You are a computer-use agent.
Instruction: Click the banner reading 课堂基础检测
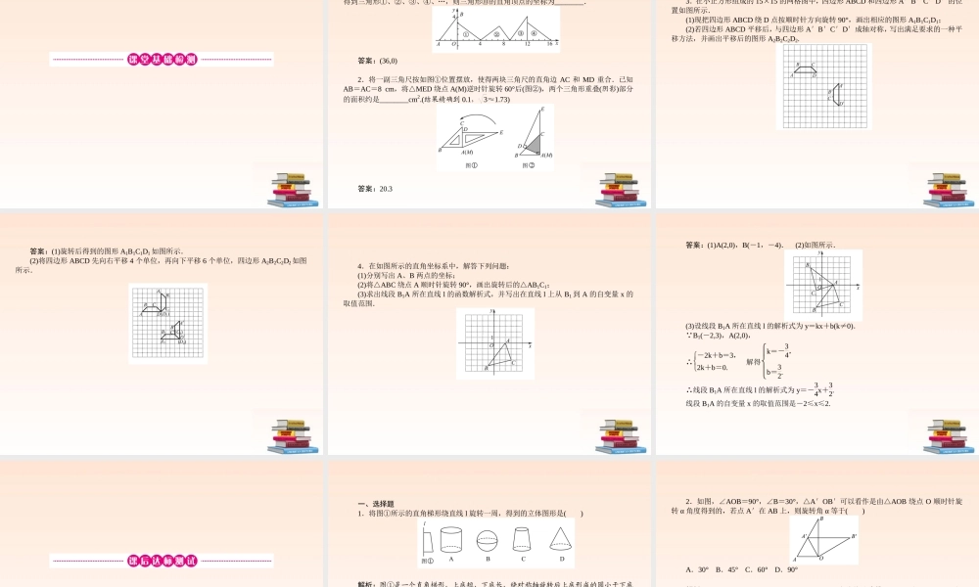(162, 60)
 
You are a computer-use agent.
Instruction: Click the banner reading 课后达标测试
(162, 561)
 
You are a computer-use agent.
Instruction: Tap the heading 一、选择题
(376, 500)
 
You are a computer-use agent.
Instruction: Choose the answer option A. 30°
(697, 569)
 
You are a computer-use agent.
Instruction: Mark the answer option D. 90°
(785, 569)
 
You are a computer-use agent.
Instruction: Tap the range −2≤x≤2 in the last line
(808, 403)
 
